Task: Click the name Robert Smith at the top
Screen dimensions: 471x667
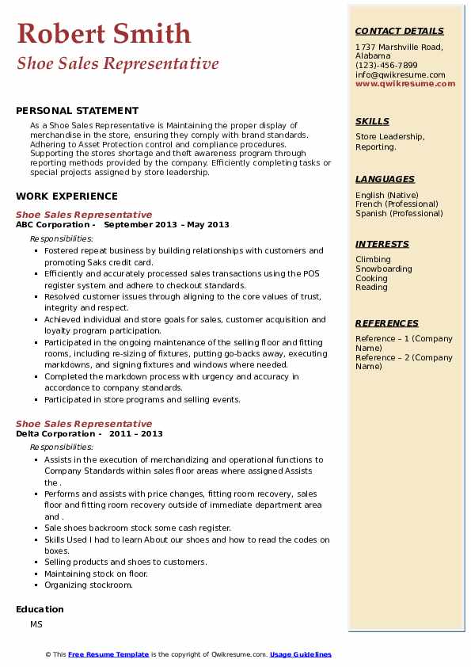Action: [104, 33]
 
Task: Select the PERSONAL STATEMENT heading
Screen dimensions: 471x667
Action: [77, 111]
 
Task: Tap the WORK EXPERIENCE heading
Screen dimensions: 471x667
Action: [66, 196]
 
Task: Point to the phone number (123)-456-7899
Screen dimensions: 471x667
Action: [386, 66]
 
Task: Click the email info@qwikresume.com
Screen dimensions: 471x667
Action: [401, 74]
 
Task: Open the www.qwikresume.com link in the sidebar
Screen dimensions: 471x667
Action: [405, 84]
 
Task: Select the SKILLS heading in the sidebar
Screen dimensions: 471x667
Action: [372, 121]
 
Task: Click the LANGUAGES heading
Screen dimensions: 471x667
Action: [385, 179]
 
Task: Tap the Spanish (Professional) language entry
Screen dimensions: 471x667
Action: [399, 213]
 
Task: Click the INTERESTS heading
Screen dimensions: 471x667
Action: [382, 244]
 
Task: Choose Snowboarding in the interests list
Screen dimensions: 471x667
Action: [384, 269]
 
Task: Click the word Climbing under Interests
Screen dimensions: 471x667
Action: [373, 259]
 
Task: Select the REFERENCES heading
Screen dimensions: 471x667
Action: [387, 323]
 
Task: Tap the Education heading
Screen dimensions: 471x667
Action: [40, 609]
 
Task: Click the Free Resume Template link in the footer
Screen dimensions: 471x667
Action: [108, 654]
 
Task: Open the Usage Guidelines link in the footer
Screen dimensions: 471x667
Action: [300, 654]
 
